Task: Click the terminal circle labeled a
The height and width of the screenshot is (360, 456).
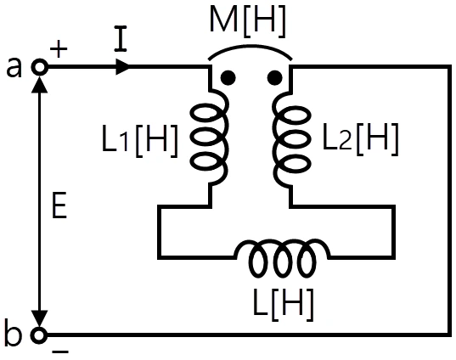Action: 39,67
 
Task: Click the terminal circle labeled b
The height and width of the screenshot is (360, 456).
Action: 39,335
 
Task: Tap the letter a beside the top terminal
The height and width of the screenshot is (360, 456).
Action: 14,67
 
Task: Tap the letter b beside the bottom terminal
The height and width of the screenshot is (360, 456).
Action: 14,332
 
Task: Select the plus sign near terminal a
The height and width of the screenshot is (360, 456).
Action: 59,48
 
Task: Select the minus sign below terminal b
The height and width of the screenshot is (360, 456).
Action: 60,352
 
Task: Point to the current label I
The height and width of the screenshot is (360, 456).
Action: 121,39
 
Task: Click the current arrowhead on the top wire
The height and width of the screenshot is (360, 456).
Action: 123,67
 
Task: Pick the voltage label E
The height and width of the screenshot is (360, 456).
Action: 59,205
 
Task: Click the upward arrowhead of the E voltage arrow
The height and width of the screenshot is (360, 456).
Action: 39,84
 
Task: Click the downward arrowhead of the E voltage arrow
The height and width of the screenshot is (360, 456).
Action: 39,319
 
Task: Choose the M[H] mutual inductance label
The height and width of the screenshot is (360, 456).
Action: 247,21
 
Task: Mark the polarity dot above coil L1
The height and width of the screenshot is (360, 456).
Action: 228,77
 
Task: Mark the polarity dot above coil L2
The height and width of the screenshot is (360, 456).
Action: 274,77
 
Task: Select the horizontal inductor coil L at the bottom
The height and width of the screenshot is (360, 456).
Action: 282,257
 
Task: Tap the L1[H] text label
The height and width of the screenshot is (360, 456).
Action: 140,141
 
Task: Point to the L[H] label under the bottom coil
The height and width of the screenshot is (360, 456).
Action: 284,305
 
